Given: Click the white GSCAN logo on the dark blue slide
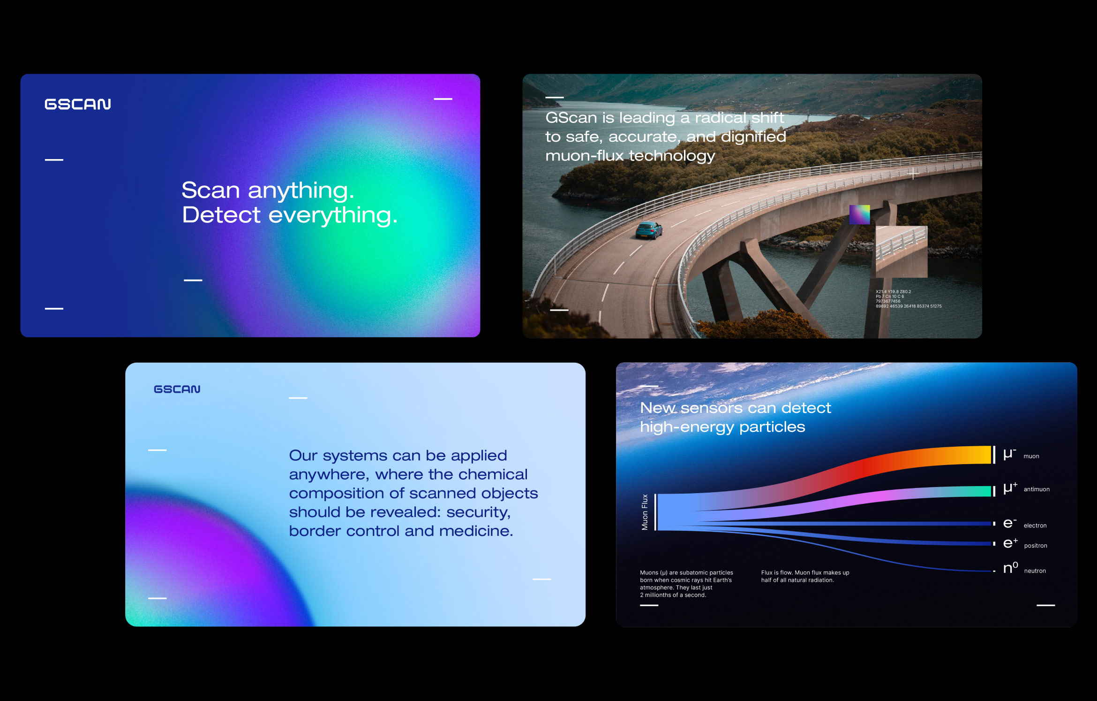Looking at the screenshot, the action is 78,104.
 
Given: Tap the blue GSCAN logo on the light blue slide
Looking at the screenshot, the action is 177,389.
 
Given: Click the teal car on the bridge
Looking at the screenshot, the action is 649,230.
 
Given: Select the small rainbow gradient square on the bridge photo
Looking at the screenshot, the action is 859,214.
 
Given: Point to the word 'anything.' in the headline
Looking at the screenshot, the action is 301,191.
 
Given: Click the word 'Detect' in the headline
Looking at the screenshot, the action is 221,215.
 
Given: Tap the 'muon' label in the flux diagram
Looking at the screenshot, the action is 1031,456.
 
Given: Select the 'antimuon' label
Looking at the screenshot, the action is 1037,489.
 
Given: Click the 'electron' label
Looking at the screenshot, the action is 1035,526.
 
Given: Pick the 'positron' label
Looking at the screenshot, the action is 1036,546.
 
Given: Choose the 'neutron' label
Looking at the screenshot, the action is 1035,571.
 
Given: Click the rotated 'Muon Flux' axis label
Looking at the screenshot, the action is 645,512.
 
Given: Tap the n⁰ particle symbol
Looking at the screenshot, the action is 1010,568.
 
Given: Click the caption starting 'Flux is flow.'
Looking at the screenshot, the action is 805,576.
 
